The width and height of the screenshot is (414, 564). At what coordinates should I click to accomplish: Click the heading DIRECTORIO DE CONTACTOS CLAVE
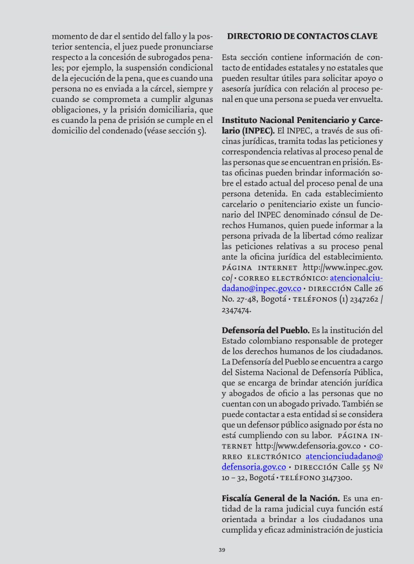tap(302, 36)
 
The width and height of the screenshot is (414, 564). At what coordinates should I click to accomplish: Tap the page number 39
tap(222, 550)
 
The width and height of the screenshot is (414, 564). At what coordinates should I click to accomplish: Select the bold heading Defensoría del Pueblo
tap(266, 330)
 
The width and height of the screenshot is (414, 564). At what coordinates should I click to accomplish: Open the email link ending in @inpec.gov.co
tap(262, 288)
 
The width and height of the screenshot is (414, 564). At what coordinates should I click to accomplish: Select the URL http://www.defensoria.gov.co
tap(308, 445)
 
